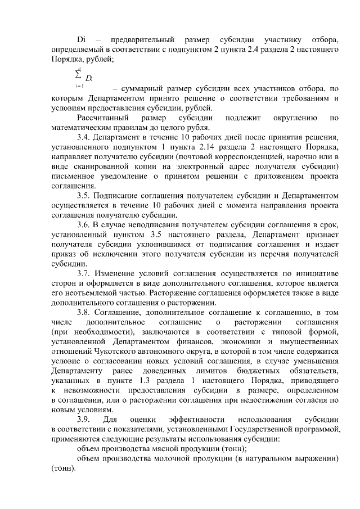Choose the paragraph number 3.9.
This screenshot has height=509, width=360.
pos(83,420)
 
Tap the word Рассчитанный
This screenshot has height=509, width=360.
pos(102,117)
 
